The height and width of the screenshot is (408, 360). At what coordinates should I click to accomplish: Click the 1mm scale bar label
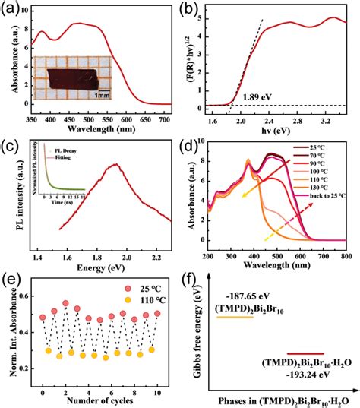click(x=105, y=95)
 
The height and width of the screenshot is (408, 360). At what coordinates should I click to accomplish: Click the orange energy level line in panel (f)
click(x=235, y=317)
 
